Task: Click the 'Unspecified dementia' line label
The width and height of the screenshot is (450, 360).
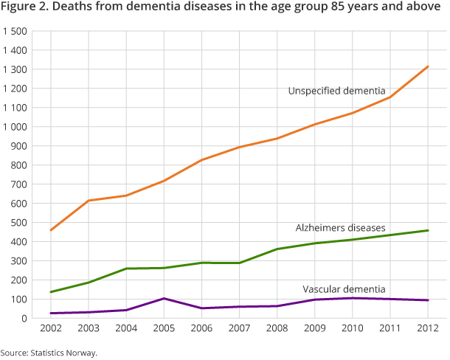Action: click(x=336, y=91)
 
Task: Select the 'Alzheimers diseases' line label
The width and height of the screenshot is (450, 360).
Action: click(x=340, y=228)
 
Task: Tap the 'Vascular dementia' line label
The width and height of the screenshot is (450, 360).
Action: click(x=344, y=288)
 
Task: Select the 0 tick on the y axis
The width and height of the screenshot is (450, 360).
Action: click(x=24, y=318)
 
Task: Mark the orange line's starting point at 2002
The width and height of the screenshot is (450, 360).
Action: click(x=50, y=230)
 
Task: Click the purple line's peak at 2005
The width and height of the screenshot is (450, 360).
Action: click(x=164, y=298)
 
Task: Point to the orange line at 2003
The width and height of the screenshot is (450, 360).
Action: click(x=88, y=201)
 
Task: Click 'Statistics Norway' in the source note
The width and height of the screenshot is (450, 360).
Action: click(x=65, y=353)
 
